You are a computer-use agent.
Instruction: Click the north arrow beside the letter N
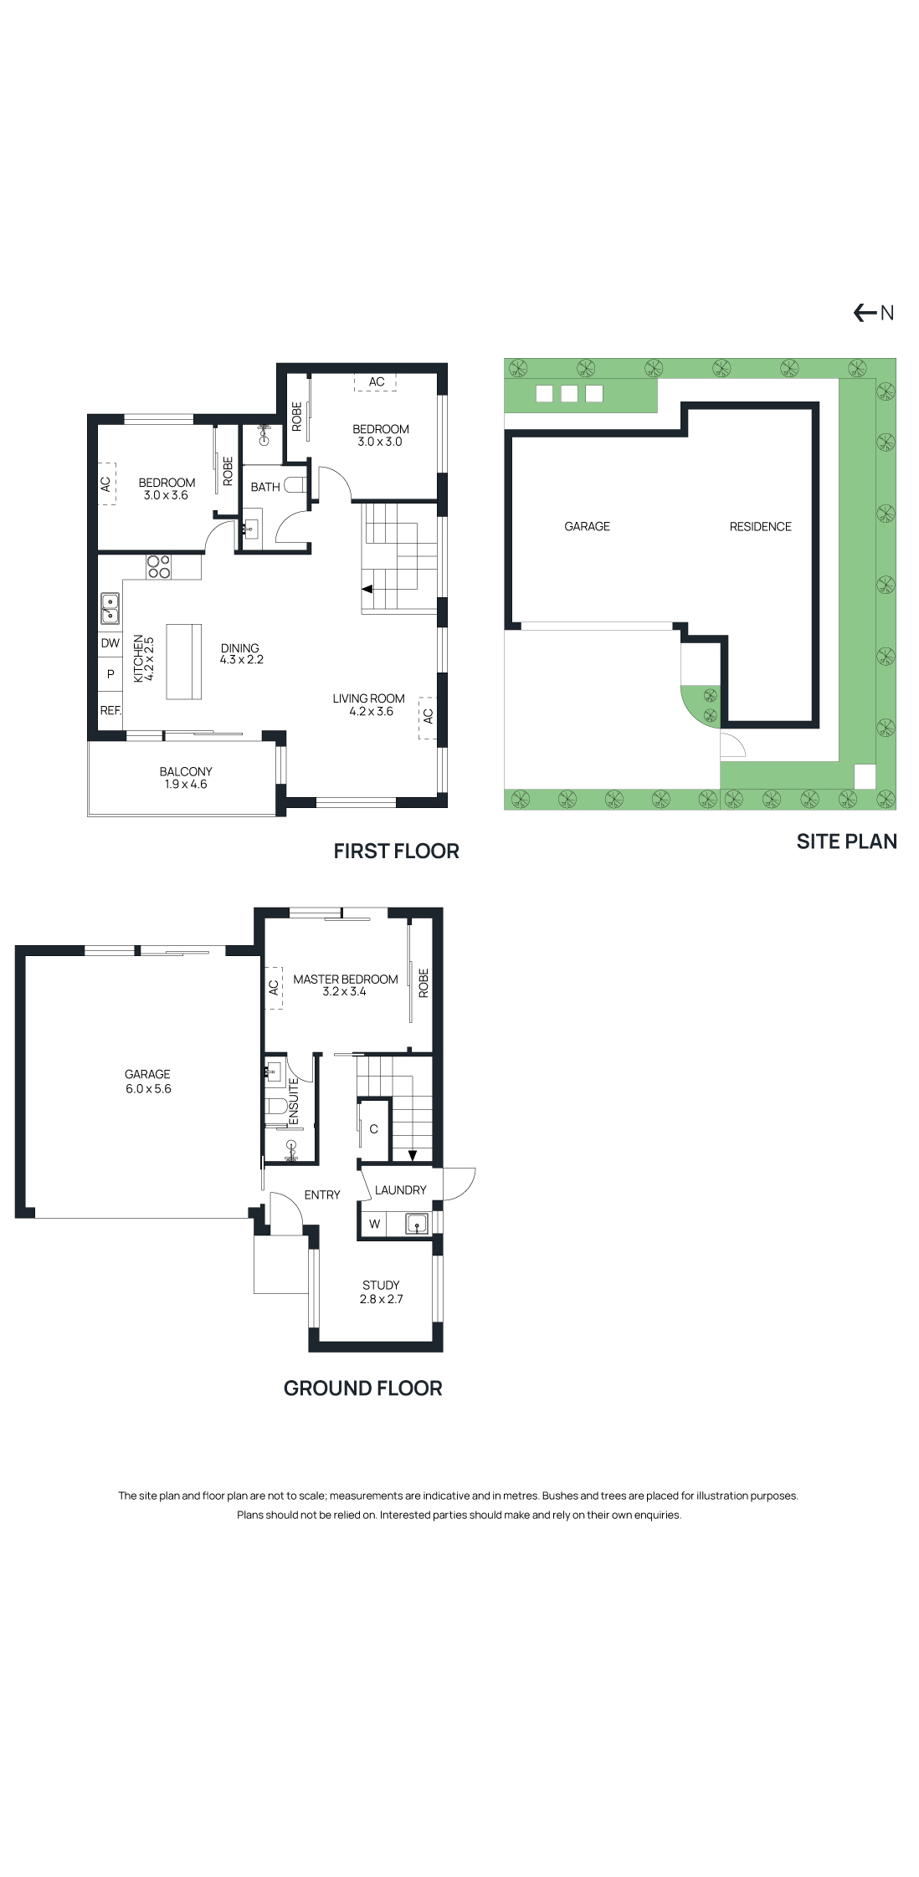click(865, 313)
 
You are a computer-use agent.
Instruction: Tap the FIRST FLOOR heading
click(396, 851)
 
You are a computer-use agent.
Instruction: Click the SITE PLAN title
click(846, 841)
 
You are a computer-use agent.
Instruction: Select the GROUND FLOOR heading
click(362, 1388)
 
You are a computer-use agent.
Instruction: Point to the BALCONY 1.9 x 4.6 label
click(186, 778)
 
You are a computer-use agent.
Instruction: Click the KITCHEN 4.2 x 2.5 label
click(143, 659)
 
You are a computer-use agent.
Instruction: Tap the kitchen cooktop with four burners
click(159, 566)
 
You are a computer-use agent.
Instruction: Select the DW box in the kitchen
click(110, 643)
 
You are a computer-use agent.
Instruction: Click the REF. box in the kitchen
click(110, 710)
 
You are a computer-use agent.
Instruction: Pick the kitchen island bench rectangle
click(183, 661)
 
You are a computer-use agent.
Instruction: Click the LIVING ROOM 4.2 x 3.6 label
click(369, 704)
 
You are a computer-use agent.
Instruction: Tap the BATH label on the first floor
click(265, 487)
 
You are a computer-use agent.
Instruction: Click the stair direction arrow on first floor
click(367, 589)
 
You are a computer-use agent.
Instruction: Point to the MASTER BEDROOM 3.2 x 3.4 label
click(345, 985)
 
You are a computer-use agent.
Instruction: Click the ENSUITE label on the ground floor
click(294, 1101)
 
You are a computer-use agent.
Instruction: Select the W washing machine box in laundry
click(374, 1224)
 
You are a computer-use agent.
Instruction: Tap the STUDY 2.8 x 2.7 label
click(381, 1291)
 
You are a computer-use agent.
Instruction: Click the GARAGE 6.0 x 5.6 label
click(148, 1081)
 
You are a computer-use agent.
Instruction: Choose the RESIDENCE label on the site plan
click(760, 526)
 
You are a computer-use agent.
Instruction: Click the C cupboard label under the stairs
click(373, 1128)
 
